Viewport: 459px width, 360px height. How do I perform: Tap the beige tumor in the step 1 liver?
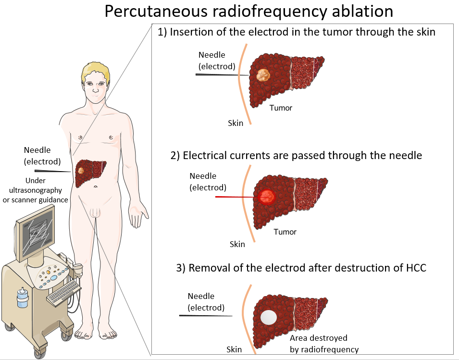click(x=263, y=74)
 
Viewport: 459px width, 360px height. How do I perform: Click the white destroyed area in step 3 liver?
click(x=268, y=317)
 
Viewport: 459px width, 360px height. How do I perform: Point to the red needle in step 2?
click(x=236, y=197)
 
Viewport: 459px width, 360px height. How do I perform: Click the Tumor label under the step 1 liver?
click(x=281, y=108)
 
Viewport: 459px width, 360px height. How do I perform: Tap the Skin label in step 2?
click(x=237, y=244)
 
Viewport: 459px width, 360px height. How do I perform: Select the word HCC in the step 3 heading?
click(x=415, y=268)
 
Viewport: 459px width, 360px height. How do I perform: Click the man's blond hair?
click(x=96, y=72)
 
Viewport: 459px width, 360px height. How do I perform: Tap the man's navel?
click(x=96, y=186)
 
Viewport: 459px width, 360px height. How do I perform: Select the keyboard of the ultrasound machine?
click(x=63, y=292)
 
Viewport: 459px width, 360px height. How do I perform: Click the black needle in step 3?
click(x=206, y=315)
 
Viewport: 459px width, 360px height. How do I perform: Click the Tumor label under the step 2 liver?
click(x=285, y=232)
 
